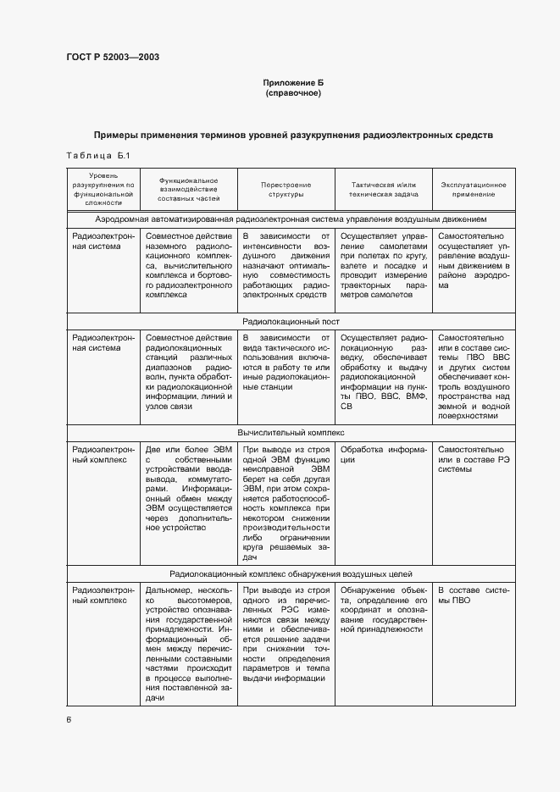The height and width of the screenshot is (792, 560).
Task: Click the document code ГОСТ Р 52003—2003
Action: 113,57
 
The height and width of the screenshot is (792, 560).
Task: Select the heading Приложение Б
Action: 293,82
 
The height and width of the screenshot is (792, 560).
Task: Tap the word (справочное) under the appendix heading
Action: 293,92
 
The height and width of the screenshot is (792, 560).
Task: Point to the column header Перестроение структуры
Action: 286,189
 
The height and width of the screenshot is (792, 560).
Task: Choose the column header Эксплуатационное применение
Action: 474,189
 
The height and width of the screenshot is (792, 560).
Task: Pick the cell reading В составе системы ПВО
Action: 474,595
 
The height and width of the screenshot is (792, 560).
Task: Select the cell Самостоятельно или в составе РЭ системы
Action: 474,460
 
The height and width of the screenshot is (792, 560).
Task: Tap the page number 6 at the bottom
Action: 69,719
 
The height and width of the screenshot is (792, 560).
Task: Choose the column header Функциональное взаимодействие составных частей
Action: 188,189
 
